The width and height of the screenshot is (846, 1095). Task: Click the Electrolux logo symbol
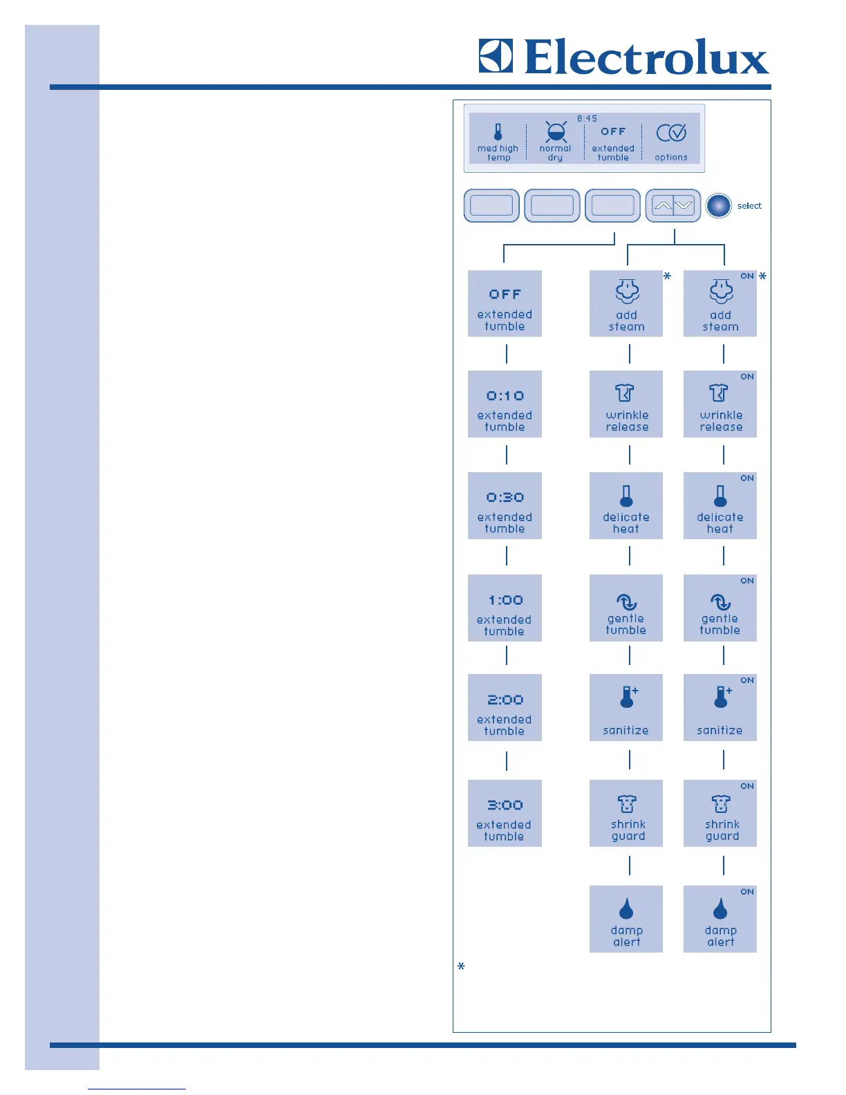coord(496,56)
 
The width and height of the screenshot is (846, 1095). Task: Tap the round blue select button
coord(719,205)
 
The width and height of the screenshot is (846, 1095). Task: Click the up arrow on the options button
coord(662,205)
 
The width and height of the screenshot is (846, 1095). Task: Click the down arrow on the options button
coord(684,205)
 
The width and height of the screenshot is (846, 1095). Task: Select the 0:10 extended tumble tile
coord(505,404)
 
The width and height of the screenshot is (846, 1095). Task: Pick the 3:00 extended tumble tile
coord(505,814)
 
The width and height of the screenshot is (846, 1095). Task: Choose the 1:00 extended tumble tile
coord(505,608)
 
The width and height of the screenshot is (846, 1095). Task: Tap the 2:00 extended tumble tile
coord(505,708)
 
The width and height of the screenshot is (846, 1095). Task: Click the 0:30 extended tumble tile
coord(505,506)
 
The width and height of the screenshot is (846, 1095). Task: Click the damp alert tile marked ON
coord(720,919)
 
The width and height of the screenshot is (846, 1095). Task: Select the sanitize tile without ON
coord(626,708)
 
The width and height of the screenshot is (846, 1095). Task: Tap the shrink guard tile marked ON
coord(720,814)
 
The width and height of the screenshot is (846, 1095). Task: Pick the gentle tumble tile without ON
coord(626,608)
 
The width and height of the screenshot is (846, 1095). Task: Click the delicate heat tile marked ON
coord(720,506)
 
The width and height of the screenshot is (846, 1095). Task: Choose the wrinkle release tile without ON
coord(626,404)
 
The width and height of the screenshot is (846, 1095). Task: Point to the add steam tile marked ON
coord(720,303)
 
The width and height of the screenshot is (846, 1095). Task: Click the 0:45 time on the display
coord(587,119)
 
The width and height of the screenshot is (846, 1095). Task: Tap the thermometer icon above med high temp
coord(498,131)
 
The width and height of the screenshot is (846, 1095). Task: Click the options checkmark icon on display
coord(671,133)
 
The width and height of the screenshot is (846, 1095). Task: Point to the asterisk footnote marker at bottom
coord(461,966)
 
